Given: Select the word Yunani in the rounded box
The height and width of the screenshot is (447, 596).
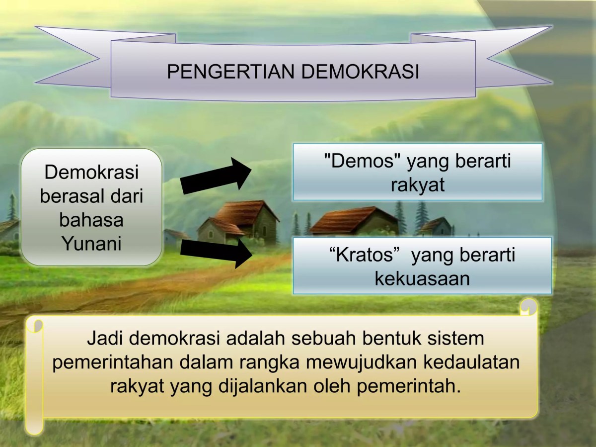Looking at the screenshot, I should tap(91, 244).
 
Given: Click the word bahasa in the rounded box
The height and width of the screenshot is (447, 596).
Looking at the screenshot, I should tap(91, 220).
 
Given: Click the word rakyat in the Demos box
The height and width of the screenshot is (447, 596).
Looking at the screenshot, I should tap(417, 184).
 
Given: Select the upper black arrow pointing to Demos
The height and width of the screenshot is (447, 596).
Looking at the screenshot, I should tap(217, 176).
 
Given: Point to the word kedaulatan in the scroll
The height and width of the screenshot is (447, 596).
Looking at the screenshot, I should tap(472, 362).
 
